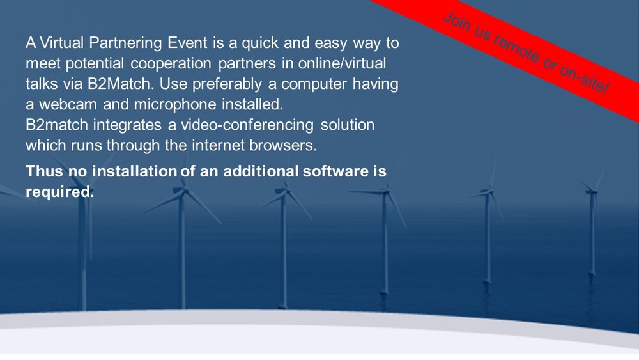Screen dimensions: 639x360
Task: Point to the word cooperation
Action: click(171, 64)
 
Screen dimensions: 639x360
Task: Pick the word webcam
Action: click(68, 104)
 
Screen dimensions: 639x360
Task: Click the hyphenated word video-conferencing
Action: click(247, 125)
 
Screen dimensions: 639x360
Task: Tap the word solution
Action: click(347, 125)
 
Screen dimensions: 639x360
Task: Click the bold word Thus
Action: click(45, 171)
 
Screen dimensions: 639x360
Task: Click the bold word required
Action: click(59, 192)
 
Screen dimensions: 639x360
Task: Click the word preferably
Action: click(227, 84)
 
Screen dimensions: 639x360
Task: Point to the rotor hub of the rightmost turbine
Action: click(592, 191)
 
